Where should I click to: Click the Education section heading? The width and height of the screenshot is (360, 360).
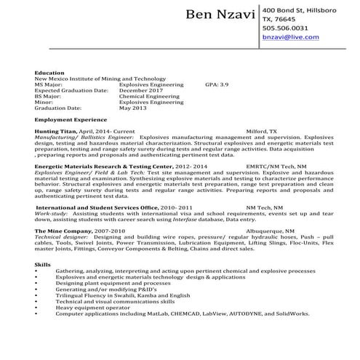coord(50,73)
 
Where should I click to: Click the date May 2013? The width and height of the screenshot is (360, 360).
coord(134,108)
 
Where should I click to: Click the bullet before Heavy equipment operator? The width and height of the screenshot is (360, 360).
coord(36,307)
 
